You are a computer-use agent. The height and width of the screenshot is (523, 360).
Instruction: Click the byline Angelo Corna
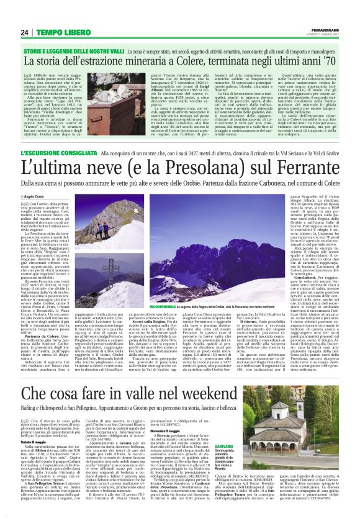point(50,196)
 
